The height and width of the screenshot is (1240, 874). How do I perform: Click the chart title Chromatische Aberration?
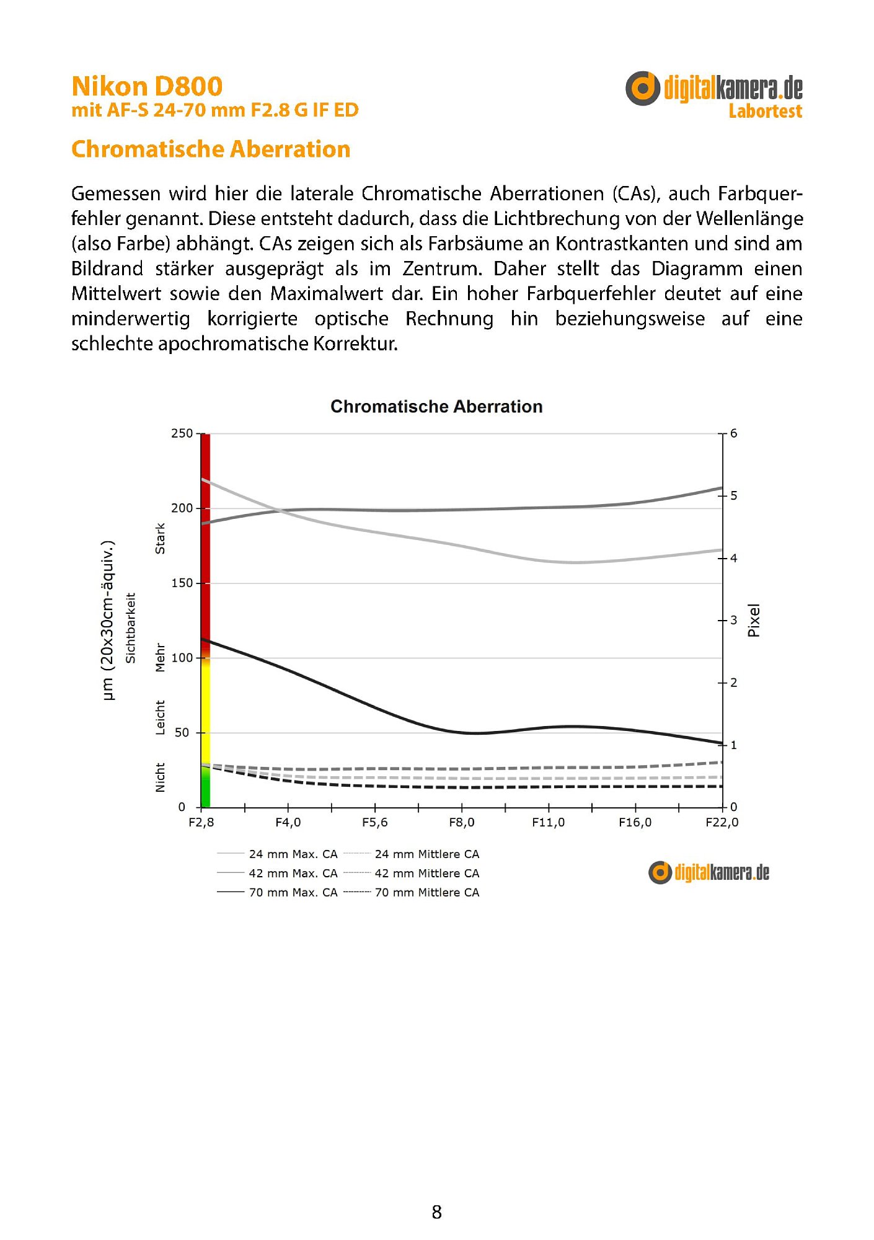coord(436,407)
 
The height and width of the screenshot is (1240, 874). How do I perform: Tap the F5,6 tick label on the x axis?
coord(374,823)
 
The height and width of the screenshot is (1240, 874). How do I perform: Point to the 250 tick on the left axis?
coord(182,433)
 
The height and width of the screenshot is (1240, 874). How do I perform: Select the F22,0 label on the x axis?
coord(722,823)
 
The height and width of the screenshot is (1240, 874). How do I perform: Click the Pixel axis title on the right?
coord(754,621)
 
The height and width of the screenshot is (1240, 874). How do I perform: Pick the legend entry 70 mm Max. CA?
coord(293,893)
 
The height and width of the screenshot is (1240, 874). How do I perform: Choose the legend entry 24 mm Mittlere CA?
coord(426,854)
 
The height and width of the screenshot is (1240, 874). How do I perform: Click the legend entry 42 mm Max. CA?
coord(293,874)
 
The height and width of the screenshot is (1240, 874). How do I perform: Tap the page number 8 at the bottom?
coord(436,1212)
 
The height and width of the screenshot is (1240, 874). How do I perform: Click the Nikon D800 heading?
coord(147,86)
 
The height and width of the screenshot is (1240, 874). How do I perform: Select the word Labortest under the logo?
coord(765,112)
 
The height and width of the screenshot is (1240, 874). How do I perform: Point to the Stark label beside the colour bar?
coord(161,538)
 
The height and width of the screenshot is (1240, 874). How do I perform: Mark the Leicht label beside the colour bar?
coord(161,717)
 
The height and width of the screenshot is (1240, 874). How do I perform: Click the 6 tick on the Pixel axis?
coord(734,433)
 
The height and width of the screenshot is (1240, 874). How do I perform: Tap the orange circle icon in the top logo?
coord(642,88)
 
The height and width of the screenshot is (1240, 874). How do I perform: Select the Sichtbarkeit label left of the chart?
coord(131,627)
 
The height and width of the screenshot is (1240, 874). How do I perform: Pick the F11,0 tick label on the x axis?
coord(548,823)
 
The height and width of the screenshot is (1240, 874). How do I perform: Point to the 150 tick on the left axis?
coord(182,583)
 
